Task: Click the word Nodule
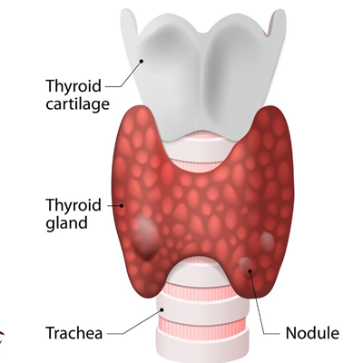click(312, 333)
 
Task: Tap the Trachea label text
click(74, 333)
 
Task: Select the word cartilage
click(77, 104)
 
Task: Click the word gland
click(67, 223)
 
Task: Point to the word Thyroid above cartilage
click(74, 86)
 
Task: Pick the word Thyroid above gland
click(74, 205)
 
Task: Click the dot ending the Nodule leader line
click(250, 270)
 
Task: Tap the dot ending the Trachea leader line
click(162, 309)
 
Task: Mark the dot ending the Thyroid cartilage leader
click(142, 61)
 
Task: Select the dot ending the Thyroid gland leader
click(122, 205)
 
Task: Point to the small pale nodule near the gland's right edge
click(267, 240)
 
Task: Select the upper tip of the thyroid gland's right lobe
click(270, 107)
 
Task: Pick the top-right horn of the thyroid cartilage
click(279, 13)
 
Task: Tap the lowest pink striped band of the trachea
click(201, 323)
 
